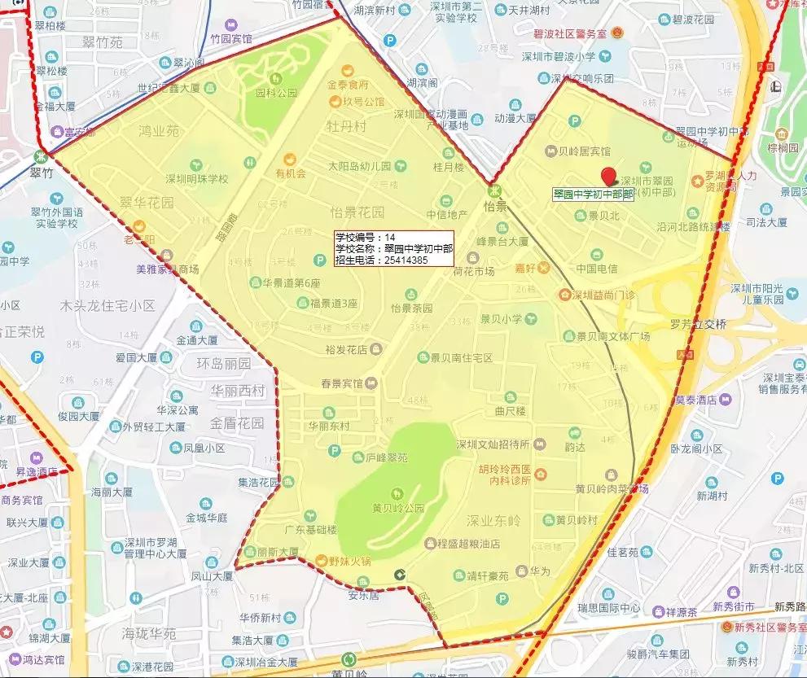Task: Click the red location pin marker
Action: tap(608, 175)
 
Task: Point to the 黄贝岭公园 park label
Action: tap(398, 509)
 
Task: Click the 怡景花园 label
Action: tap(357, 212)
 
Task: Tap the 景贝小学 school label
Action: tap(501, 318)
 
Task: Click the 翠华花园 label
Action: tap(147, 201)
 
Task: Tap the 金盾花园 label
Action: tap(237, 423)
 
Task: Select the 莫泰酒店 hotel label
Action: tap(695, 400)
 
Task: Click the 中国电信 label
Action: tap(597, 268)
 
